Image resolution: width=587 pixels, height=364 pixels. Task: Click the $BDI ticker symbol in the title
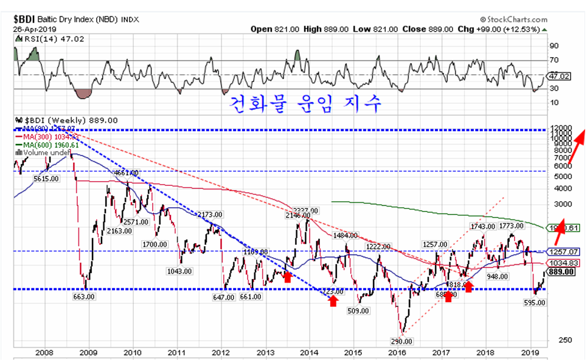(26, 19)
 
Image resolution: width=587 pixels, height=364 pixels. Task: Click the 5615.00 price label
(46, 179)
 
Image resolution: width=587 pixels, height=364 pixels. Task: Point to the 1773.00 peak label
(512, 225)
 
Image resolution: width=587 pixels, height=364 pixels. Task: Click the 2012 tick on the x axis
(221, 352)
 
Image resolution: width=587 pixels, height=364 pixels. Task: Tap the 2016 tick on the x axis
(397, 352)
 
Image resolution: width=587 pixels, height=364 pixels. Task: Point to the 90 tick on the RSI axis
(554, 46)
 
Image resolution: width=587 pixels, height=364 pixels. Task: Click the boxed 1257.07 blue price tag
(563, 252)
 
